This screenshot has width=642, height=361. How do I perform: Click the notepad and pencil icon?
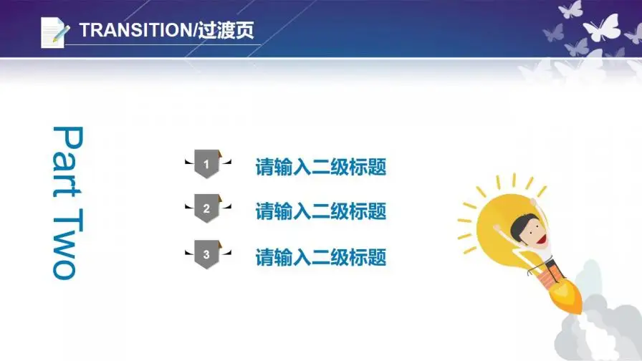55,32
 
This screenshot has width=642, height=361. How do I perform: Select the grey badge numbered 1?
206,165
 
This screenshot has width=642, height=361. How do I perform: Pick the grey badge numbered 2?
206,209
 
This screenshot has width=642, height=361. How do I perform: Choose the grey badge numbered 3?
206,254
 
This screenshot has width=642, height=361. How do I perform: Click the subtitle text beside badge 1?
320,168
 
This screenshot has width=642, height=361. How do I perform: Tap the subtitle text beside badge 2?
320,211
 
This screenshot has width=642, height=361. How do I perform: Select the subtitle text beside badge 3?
320,256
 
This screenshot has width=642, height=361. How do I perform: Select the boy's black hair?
522,218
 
